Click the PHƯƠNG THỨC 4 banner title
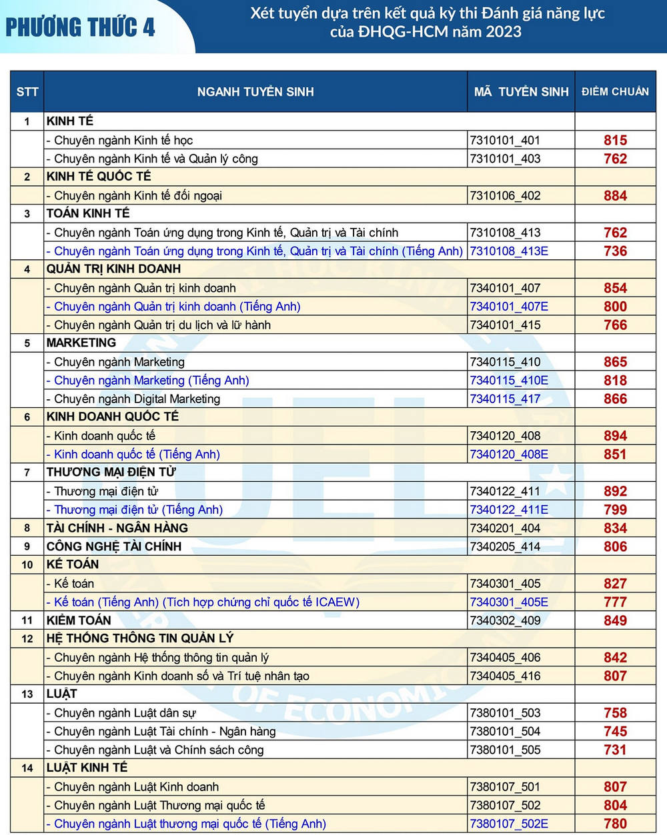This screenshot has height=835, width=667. point(80,27)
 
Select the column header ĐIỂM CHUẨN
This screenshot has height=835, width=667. point(615,91)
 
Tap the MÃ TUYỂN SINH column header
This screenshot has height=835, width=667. point(521,92)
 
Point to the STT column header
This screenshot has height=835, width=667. point(27,92)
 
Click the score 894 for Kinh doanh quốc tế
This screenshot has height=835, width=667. point(615,436)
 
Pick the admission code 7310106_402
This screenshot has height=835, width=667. point(505,195)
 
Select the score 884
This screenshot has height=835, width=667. point(615,196)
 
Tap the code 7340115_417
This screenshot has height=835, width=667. point(505,399)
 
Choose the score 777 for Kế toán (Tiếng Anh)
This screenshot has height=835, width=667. point(615,602)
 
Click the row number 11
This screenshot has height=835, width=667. point(27,620)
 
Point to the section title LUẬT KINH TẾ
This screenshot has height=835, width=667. point(87,768)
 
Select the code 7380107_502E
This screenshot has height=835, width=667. point(509,824)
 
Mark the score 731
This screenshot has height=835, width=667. point(615,750)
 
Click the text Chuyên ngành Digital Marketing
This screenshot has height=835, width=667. point(137,399)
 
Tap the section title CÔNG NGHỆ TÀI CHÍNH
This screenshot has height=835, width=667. point(114,546)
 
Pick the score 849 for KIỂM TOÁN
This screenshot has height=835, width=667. point(615,620)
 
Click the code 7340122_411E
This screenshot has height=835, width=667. point(509,510)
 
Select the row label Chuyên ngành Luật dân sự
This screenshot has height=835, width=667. point(125,713)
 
